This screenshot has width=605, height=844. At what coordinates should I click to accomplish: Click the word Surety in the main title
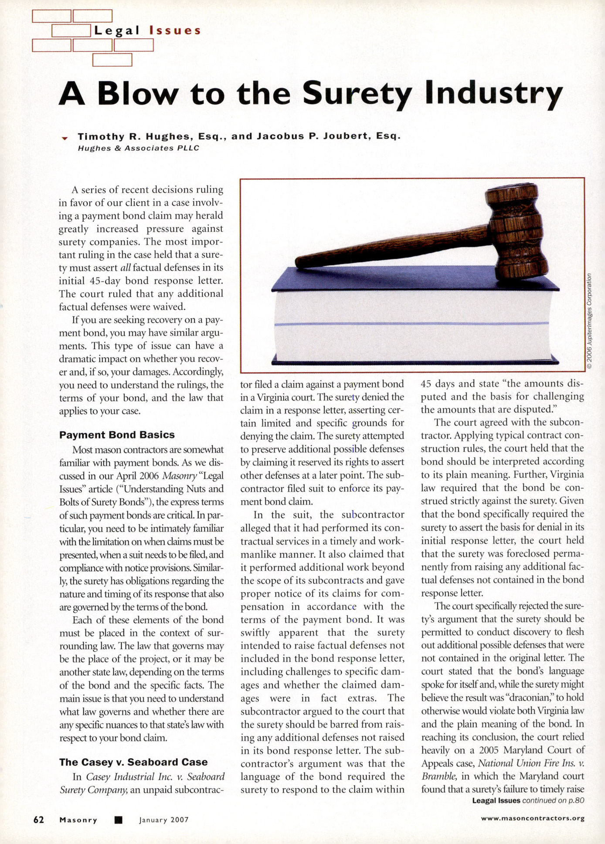click(x=357, y=94)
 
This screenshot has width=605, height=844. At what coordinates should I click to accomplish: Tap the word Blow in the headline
click(x=138, y=94)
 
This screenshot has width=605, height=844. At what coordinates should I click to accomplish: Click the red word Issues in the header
click(x=175, y=31)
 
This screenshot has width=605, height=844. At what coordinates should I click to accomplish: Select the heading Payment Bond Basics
click(x=117, y=435)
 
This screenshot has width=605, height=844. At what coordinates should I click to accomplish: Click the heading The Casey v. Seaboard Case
click(x=133, y=762)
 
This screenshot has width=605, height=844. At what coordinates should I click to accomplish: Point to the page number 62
click(x=39, y=820)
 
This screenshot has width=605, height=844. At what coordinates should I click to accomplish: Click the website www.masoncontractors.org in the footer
click(x=533, y=818)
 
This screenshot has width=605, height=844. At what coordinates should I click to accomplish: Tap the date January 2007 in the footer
click(x=164, y=820)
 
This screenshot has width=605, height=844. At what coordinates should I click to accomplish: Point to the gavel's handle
click(x=392, y=246)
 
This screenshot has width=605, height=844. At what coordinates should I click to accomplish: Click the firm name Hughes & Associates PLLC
click(x=138, y=148)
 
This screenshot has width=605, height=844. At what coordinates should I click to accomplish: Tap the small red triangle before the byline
click(x=65, y=138)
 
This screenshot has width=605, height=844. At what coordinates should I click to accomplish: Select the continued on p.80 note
click(x=553, y=800)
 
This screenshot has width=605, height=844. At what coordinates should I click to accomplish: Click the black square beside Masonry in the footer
click(x=118, y=820)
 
